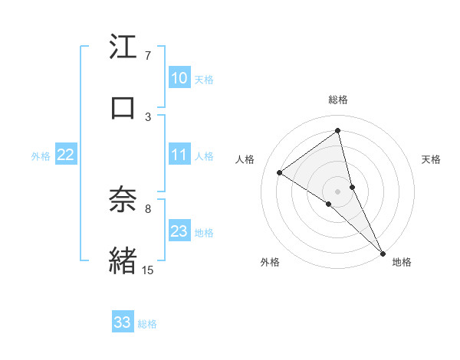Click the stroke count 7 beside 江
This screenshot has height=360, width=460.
point(148,56)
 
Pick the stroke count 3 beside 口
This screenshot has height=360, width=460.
point(148,116)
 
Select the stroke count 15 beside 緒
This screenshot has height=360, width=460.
point(147,270)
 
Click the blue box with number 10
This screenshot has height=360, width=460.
point(179,78)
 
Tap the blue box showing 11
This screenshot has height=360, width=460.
point(179,155)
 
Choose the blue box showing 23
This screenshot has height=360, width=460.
point(179,231)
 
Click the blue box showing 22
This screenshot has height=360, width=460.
point(65,155)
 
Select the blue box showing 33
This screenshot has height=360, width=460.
point(123,322)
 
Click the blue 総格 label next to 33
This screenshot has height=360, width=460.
point(147,324)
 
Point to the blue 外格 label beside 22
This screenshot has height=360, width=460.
point(41,156)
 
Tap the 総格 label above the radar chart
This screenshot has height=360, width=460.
point(338,100)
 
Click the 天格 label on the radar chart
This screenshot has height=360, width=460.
point(432,159)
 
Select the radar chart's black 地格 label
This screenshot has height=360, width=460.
point(402,262)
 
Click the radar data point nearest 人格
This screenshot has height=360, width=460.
point(279,172)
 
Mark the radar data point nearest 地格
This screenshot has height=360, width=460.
point(383,252)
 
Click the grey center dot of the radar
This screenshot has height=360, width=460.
point(338,191)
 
